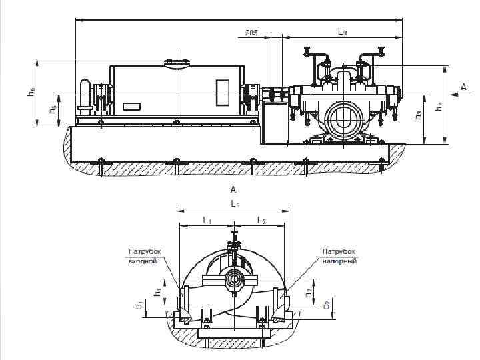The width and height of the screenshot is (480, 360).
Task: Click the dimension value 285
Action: pyautogui.click(x=251, y=32)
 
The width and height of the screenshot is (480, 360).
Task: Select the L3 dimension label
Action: pyautogui.click(x=341, y=31)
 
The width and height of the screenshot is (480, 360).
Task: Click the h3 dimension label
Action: pyautogui.click(x=418, y=115)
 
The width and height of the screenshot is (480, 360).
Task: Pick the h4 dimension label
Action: pyautogui.click(x=438, y=105)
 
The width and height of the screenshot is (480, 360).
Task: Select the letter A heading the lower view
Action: pyautogui.click(x=233, y=190)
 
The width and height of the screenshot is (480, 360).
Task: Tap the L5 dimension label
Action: pyautogui.click(x=235, y=204)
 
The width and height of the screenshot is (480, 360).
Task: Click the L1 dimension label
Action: pyautogui.click(x=207, y=220)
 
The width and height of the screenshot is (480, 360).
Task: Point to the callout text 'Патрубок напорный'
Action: pyautogui.click(x=339, y=256)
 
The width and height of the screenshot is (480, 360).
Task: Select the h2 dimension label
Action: pyautogui.click(x=308, y=291)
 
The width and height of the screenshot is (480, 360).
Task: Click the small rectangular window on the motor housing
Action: pyautogui.click(x=222, y=92)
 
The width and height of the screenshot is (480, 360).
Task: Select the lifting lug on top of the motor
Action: pyautogui.click(x=177, y=63)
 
